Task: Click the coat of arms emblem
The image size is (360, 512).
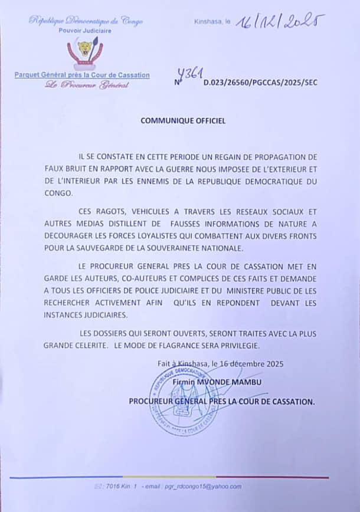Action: tap(85, 52)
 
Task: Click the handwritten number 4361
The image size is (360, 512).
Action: tap(192, 74)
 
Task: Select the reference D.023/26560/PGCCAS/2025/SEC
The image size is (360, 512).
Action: tap(260, 83)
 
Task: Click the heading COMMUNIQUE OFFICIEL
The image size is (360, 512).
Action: tap(183, 120)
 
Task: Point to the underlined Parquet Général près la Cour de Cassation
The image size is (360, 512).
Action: tap(82, 75)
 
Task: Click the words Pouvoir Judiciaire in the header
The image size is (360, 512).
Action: tap(85, 30)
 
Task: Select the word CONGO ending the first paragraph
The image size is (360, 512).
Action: tap(58, 193)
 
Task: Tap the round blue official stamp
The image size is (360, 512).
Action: tap(185, 402)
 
